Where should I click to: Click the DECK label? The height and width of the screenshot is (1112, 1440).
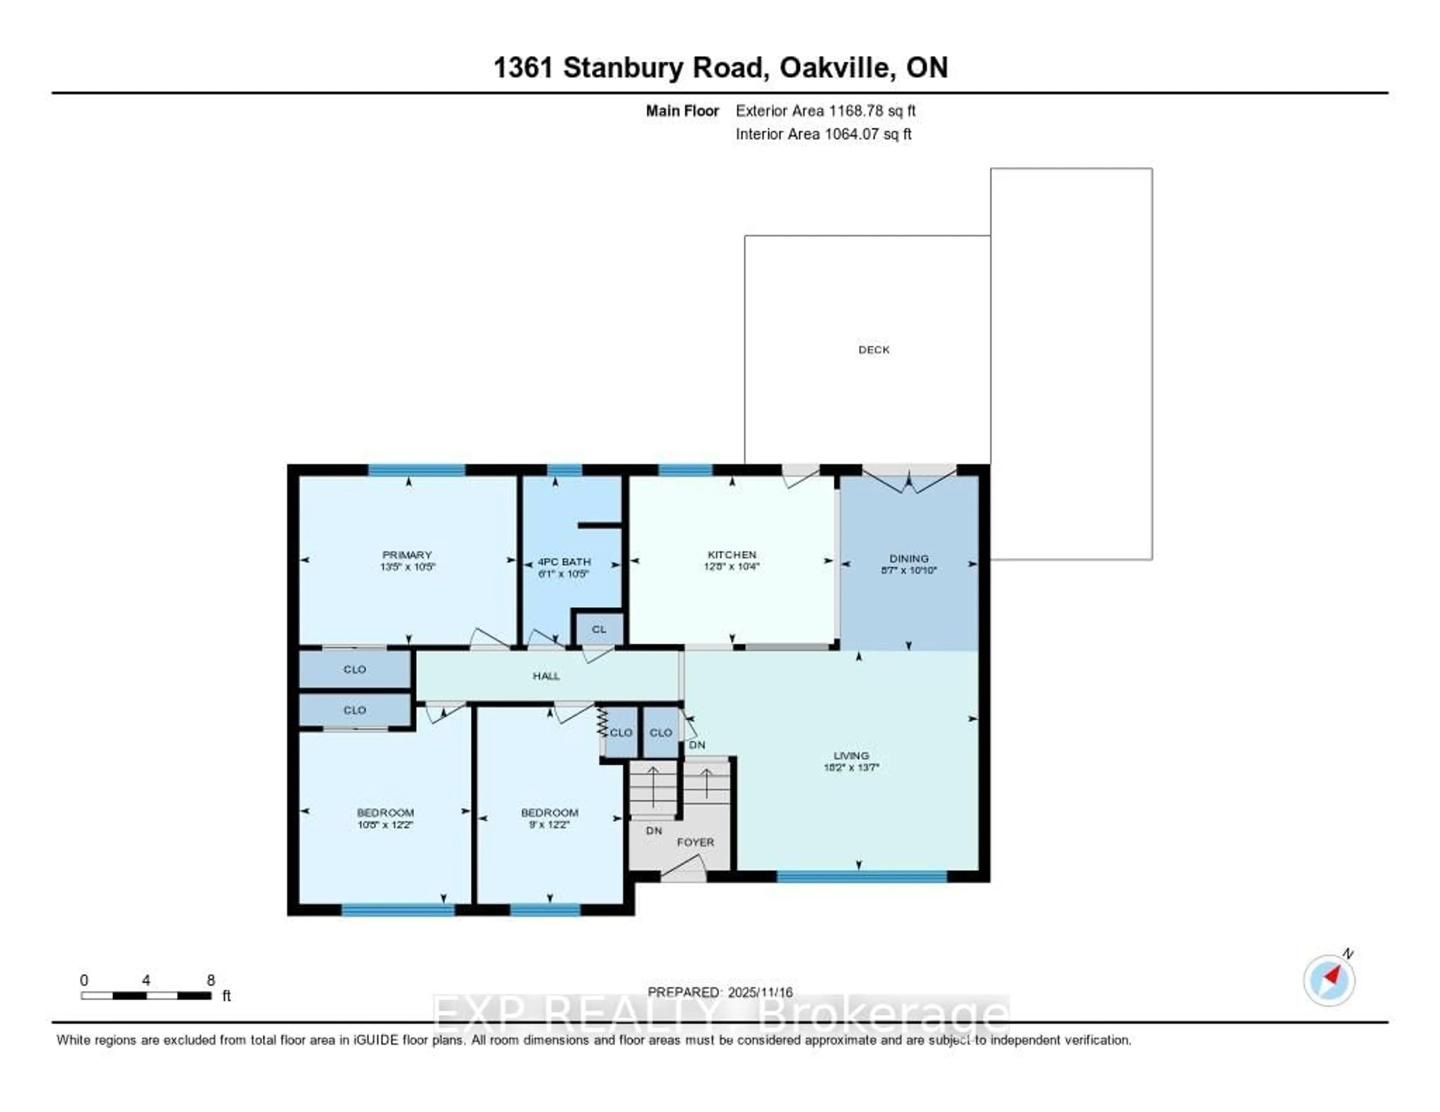coord(874,350)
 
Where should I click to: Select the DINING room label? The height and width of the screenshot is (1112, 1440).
coord(909,558)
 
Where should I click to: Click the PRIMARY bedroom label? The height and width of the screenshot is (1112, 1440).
coord(407,555)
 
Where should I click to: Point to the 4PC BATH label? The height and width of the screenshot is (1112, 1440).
coord(564,562)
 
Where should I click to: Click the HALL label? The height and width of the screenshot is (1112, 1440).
coord(546,676)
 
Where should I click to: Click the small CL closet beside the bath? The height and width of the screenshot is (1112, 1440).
coord(598,629)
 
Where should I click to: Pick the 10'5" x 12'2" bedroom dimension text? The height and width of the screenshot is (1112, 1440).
coord(385,824)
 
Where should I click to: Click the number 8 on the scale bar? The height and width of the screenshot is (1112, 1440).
coord(211,980)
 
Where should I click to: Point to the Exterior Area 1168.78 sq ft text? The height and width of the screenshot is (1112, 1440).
coord(825,111)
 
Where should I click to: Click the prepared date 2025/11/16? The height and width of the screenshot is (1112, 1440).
coord(759,992)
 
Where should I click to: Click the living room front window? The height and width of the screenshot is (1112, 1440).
coord(861,876)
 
